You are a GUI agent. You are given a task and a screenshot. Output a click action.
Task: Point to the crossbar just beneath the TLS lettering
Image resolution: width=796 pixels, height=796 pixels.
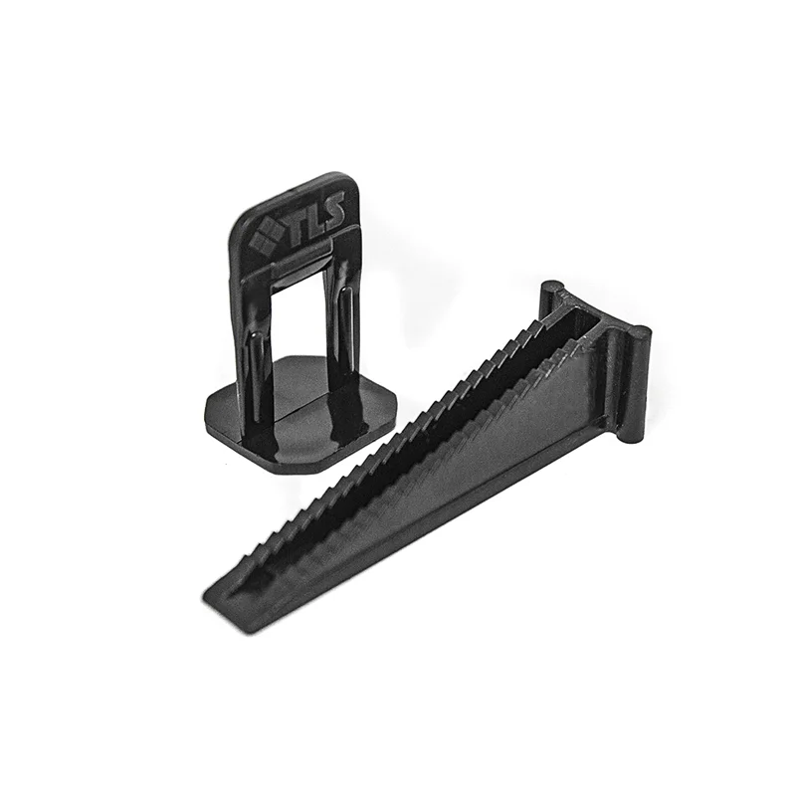coord(298,261)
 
